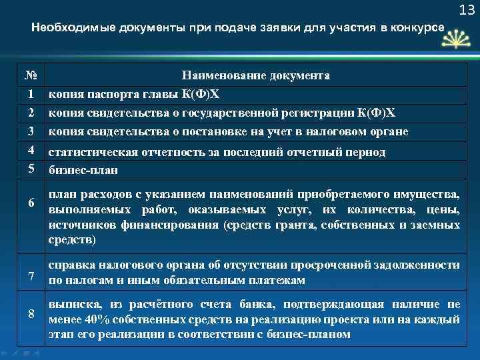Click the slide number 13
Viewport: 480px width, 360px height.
pyautogui.click(x=466, y=10)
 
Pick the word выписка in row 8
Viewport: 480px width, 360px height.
pyautogui.click(x=72, y=305)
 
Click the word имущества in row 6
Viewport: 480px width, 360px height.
pyautogui.click(x=430, y=195)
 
